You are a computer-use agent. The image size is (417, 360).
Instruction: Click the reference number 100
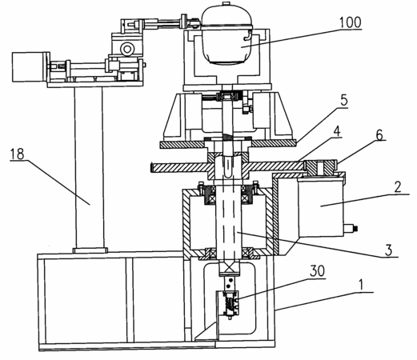(351, 22)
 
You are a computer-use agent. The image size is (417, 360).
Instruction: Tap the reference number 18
(17, 154)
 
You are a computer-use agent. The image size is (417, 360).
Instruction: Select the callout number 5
(344, 101)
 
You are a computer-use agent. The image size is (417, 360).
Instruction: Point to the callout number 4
(337, 132)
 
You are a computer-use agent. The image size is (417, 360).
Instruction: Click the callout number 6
(379, 135)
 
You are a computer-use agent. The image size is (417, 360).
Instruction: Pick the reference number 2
(398, 187)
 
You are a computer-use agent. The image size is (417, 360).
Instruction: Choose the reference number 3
(388, 250)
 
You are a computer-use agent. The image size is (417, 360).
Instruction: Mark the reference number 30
(317, 271)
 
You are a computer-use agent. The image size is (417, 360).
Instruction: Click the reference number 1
(361, 285)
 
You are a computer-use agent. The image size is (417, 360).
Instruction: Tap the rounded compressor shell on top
(227, 34)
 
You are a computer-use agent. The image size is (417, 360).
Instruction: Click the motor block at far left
(30, 67)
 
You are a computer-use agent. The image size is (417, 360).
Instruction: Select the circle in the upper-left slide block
(126, 49)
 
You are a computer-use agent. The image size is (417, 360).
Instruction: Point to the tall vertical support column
(89, 167)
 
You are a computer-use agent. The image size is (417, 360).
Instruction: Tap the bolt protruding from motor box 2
(351, 229)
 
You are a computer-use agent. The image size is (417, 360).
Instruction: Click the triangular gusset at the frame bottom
(206, 332)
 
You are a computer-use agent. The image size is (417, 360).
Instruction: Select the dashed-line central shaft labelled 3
(229, 218)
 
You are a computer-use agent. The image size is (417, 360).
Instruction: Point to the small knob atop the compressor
(227, 3)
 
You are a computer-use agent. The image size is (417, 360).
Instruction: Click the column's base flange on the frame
(90, 250)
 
